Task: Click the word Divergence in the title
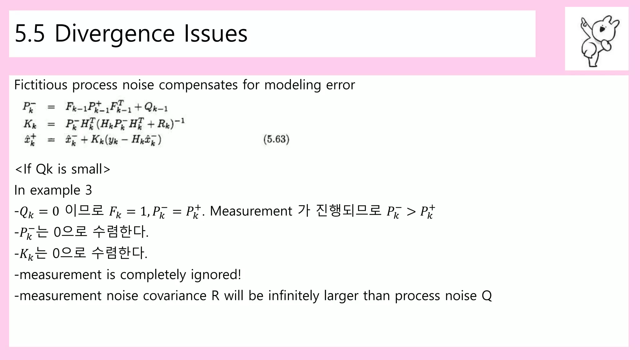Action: (114, 34)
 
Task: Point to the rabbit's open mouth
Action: (602, 30)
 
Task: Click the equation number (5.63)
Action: (276, 139)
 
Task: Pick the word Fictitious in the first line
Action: (41, 85)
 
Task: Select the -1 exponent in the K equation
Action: (180, 120)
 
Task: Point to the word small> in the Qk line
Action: (91, 169)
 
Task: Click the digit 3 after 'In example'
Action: (88, 190)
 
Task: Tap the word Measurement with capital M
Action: (251, 211)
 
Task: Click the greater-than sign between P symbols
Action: (411, 212)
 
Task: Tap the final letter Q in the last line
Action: (487, 296)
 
